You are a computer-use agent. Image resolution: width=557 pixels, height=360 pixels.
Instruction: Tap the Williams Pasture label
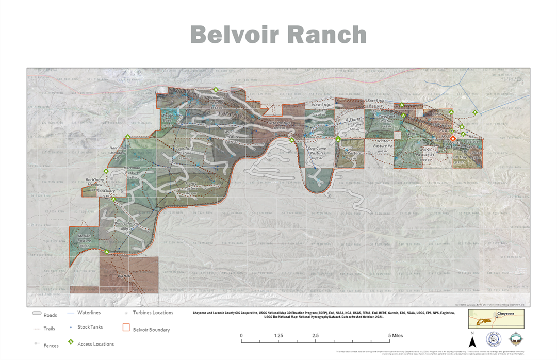point(217,100)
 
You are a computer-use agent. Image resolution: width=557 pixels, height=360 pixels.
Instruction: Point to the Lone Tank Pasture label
point(184,153)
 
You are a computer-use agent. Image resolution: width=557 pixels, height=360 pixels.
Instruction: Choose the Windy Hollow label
point(127,225)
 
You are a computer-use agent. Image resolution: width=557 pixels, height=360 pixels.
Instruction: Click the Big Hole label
point(125,276)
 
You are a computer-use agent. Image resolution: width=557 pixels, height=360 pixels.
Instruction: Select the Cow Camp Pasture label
point(317,153)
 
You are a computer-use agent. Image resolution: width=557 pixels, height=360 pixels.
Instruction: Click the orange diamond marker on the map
point(453,138)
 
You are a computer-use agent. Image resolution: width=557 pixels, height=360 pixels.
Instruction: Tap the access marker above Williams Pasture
point(216,90)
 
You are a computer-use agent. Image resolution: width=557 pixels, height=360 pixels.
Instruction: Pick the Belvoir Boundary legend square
point(125,328)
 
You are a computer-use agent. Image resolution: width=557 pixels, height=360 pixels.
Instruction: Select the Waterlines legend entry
point(89,313)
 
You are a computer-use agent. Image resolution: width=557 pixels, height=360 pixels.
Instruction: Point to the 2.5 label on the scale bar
point(315,336)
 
